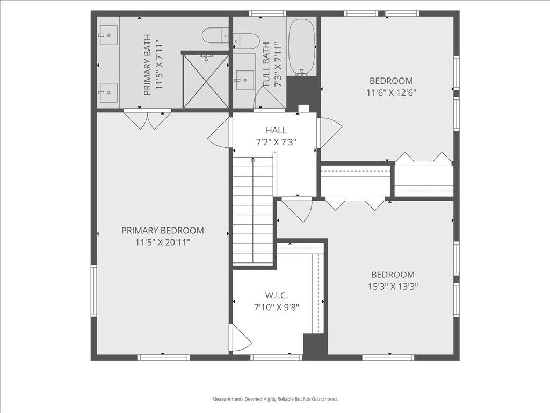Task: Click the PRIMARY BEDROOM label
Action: pos(162,231)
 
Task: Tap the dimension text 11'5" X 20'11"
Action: pos(162,243)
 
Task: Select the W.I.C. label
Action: pos(277,295)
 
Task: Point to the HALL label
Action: pos(276,130)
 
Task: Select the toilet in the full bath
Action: pos(246,40)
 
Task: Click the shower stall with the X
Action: pos(205,81)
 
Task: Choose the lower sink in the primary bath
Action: pos(108,92)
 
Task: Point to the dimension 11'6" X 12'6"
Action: pos(391,92)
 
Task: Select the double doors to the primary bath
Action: pos(147,119)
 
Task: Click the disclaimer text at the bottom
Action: pos(275,399)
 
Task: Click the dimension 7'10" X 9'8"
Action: pos(277,308)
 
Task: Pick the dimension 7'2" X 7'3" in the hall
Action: pos(276,142)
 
